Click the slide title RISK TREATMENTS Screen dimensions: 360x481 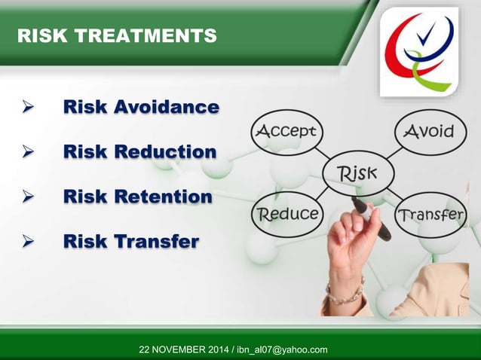coord(116,35)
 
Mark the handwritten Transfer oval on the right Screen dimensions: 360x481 coord(430,214)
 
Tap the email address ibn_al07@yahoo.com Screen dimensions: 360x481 coord(281,349)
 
